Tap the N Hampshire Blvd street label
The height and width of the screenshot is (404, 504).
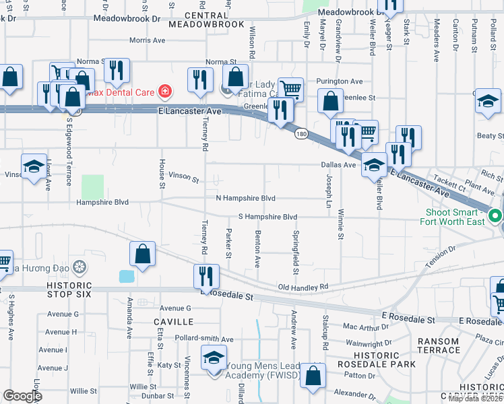(x=245, y=198)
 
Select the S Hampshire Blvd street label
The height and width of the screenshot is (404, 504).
(x=267, y=217)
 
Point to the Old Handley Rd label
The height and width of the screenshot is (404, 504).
(x=303, y=287)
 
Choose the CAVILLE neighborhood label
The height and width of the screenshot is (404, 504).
(x=173, y=323)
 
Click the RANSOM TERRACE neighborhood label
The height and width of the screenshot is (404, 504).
(x=438, y=346)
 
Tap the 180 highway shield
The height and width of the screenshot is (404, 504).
(x=301, y=134)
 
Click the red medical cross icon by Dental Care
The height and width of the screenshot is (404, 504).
(x=164, y=90)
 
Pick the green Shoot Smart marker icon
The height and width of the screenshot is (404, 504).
(x=496, y=216)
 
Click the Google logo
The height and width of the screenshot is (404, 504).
(x=22, y=396)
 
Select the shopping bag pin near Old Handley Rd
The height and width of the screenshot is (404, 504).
(x=142, y=255)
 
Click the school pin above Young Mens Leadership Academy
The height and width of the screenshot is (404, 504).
(x=214, y=357)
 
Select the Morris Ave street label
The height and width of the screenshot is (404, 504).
(x=147, y=40)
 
